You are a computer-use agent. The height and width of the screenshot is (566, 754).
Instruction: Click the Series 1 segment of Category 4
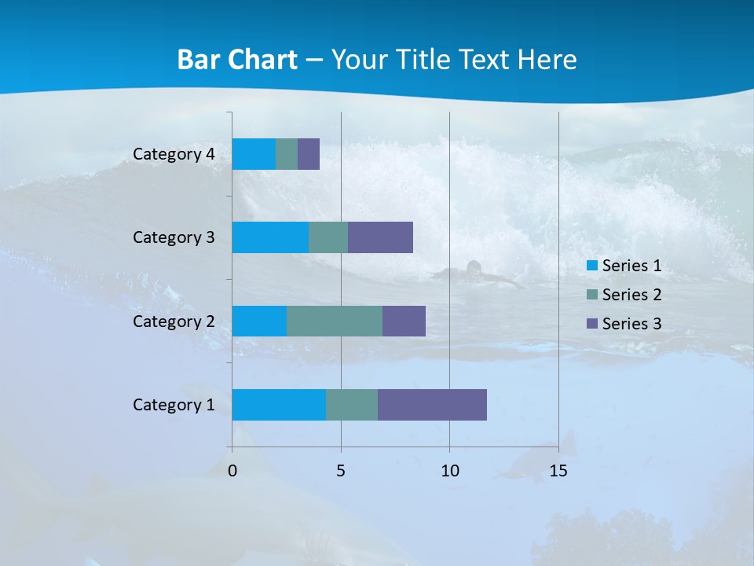click(x=254, y=154)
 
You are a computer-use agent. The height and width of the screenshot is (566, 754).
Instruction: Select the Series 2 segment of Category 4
click(x=287, y=154)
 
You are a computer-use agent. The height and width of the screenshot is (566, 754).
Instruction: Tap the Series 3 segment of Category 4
click(x=309, y=154)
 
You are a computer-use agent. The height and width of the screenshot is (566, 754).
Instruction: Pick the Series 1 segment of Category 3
click(x=270, y=237)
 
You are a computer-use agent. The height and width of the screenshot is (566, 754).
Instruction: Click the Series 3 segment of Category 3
click(x=380, y=237)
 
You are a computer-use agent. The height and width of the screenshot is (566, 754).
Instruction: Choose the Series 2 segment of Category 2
click(x=335, y=321)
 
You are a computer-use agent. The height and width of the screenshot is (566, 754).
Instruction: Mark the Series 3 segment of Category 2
click(x=404, y=321)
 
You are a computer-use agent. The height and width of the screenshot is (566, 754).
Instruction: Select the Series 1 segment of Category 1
click(x=279, y=405)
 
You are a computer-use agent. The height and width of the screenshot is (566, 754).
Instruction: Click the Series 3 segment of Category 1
click(x=432, y=405)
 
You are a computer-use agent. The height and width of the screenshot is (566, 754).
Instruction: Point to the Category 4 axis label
click(x=174, y=154)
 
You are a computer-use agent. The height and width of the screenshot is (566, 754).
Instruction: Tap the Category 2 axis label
click(x=174, y=322)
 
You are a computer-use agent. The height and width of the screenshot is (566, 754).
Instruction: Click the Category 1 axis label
click(x=174, y=405)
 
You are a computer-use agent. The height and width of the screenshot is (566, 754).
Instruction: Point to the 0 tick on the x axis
click(x=232, y=471)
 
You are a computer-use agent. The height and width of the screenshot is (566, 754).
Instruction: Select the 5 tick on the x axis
click(x=341, y=471)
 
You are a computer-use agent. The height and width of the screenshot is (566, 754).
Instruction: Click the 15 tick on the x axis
click(x=558, y=471)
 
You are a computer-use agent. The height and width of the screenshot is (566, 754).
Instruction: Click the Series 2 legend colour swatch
click(x=592, y=295)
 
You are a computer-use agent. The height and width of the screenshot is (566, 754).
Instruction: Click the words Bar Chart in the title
click(x=236, y=60)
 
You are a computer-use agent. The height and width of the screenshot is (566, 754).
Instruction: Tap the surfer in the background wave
click(x=474, y=270)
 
